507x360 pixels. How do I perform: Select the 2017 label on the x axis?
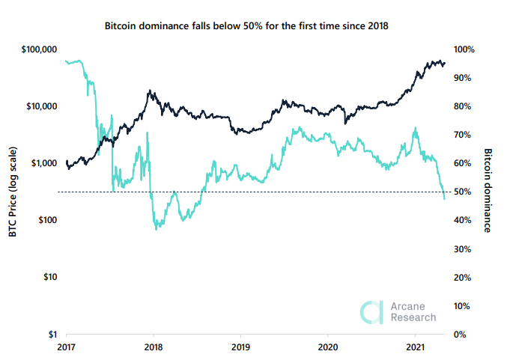tap(67, 347)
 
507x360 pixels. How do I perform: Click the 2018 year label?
tap(154, 347)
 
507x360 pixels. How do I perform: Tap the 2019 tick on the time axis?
tap(240, 347)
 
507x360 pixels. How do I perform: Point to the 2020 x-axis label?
tap(327, 347)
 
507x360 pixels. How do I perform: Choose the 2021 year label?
tap(413, 347)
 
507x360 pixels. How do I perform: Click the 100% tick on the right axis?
tap(466, 49)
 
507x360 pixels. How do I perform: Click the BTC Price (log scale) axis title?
tap(13, 192)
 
